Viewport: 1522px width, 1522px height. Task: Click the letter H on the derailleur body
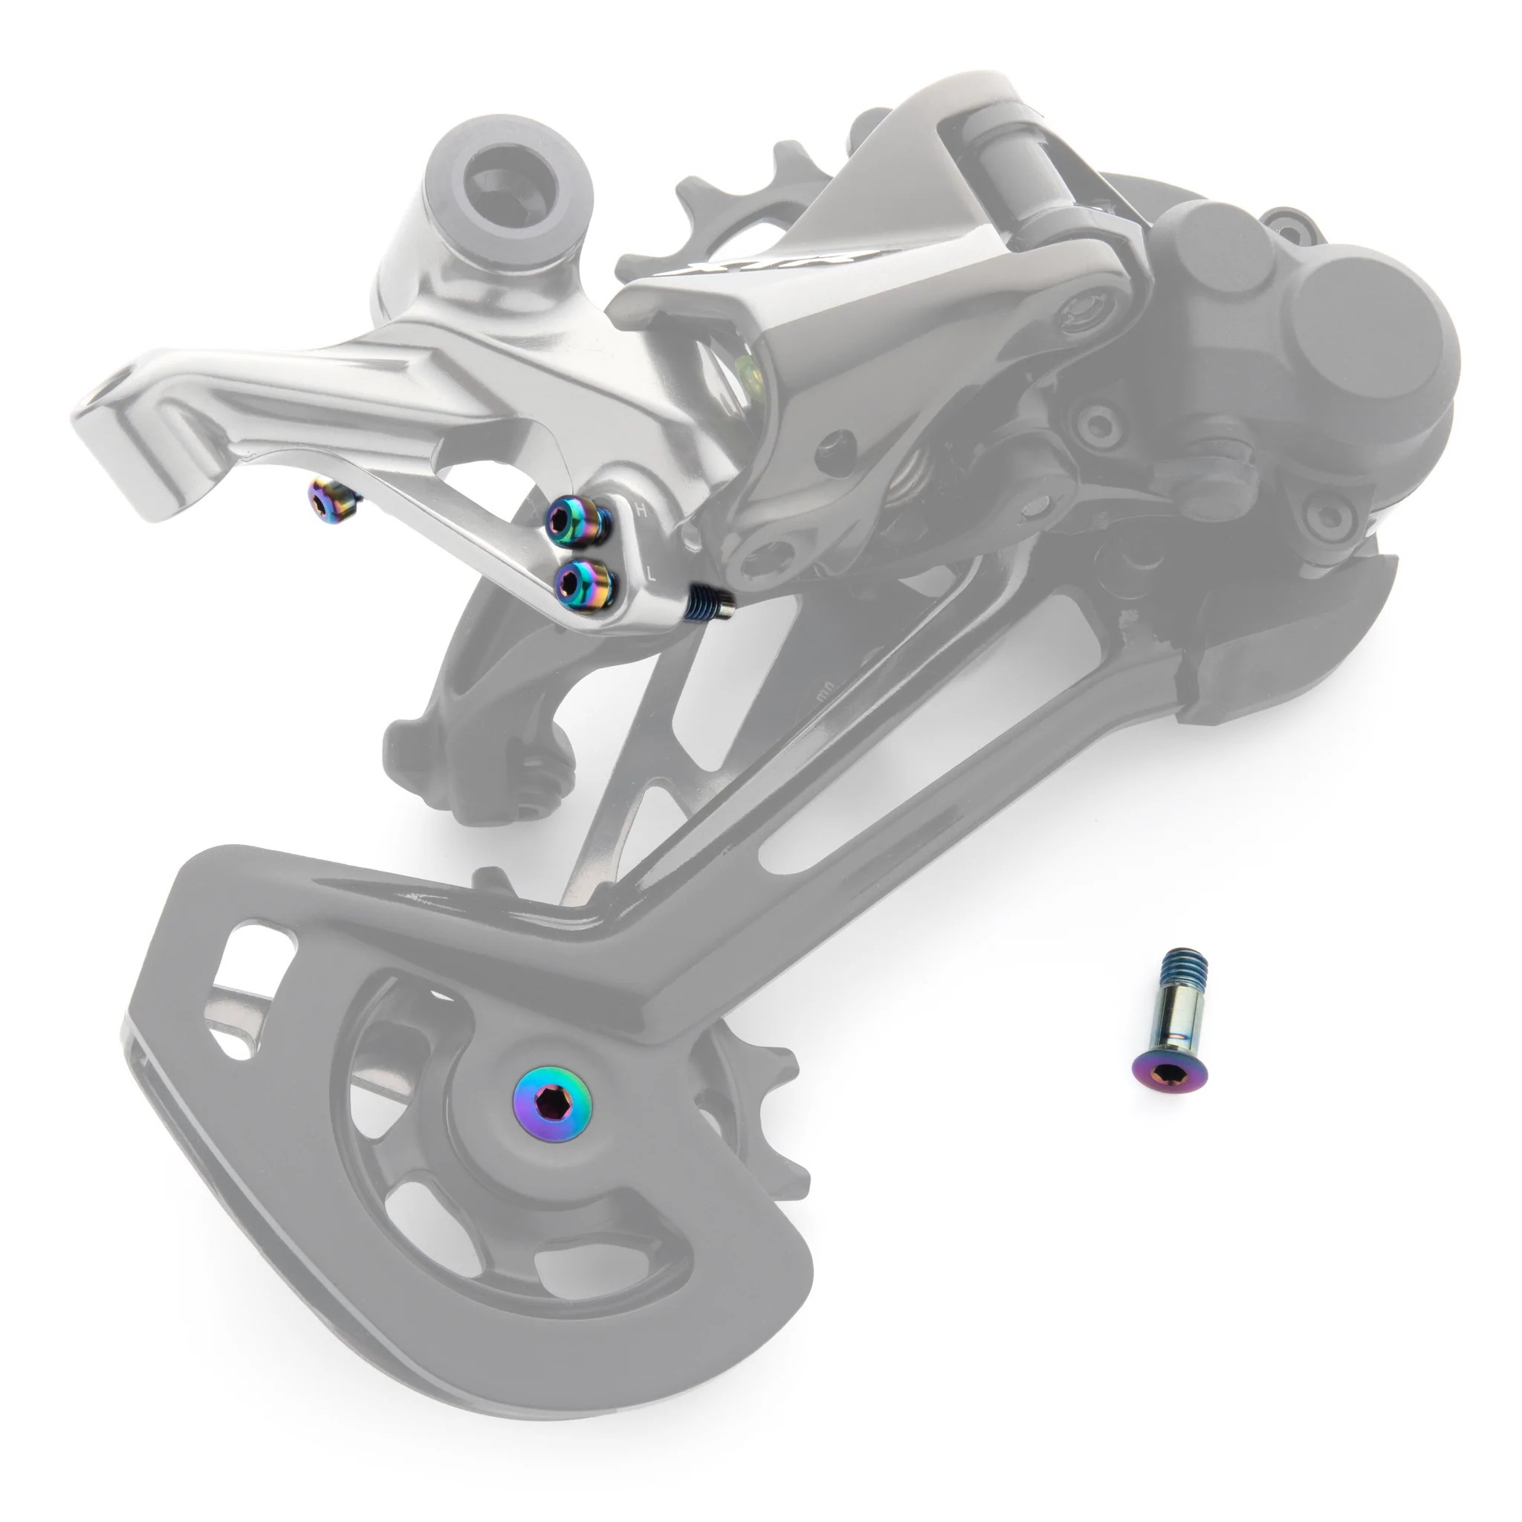point(641,511)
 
